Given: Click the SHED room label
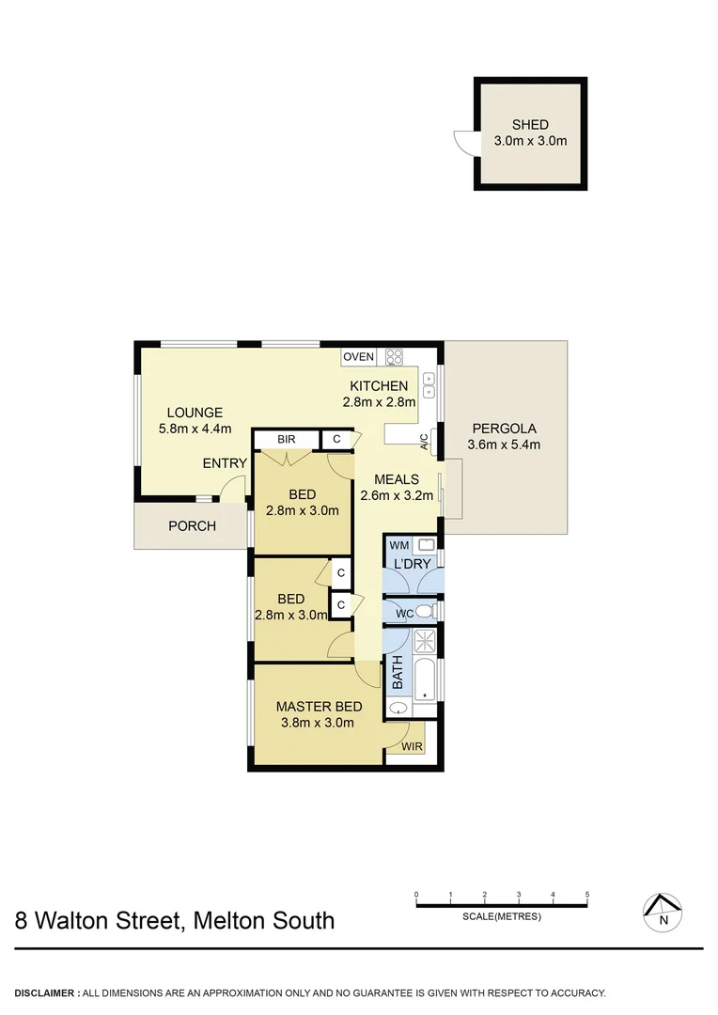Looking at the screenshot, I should [530, 125].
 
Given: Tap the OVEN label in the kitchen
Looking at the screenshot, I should [358, 357].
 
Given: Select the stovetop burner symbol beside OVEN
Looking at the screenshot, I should [394, 357].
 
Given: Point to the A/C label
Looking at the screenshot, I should [424, 441].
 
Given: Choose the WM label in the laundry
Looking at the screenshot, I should [398, 545].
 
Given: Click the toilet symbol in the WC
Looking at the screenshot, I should [424, 613].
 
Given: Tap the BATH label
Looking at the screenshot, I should [397, 672].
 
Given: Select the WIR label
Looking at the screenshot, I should [412, 747].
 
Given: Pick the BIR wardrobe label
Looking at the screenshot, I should [286, 439].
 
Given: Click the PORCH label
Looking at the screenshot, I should [192, 526].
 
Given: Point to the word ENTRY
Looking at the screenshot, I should [225, 463].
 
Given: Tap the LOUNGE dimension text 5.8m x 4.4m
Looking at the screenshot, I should [195, 429].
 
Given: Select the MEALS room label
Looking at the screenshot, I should [396, 479].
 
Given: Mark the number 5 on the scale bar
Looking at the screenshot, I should [587, 895].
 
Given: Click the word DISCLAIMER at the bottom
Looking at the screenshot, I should [45, 992].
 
